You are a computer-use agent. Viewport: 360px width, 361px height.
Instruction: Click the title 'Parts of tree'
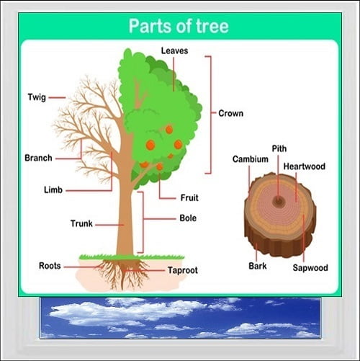[x=179, y=26]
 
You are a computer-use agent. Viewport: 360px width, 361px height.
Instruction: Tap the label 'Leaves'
[x=174, y=50]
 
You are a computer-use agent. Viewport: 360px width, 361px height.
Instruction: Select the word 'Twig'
[x=37, y=97]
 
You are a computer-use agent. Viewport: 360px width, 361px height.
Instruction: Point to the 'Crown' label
[x=230, y=113]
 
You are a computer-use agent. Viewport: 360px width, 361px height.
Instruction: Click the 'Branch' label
[x=38, y=158]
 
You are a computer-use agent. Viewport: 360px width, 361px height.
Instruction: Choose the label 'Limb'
[x=53, y=190]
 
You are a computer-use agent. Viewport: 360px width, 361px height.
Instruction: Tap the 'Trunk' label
[x=81, y=223]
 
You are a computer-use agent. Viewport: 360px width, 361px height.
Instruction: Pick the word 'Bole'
[x=188, y=218]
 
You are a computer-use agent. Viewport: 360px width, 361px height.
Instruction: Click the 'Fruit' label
[x=189, y=198]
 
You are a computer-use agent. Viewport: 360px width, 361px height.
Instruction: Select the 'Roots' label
[x=50, y=266]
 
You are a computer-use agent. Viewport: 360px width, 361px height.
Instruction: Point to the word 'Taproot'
[x=183, y=270]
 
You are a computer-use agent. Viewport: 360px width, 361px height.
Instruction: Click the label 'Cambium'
[x=251, y=159]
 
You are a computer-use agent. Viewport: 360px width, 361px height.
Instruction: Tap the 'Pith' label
[x=279, y=148]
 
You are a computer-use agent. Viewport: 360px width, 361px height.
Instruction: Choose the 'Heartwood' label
[x=305, y=166]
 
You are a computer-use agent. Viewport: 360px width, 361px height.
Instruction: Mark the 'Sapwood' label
[x=310, y=268]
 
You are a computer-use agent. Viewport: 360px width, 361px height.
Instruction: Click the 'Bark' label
[x=258, y=266]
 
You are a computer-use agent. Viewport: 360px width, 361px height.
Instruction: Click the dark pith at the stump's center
[x=279, y=201]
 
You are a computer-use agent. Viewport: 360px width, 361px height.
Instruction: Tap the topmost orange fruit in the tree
[x=169, y=130]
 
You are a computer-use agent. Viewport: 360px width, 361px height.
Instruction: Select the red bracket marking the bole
[x=143, y=223]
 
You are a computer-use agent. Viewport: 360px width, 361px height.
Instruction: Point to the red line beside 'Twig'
[x=57, y=98]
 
